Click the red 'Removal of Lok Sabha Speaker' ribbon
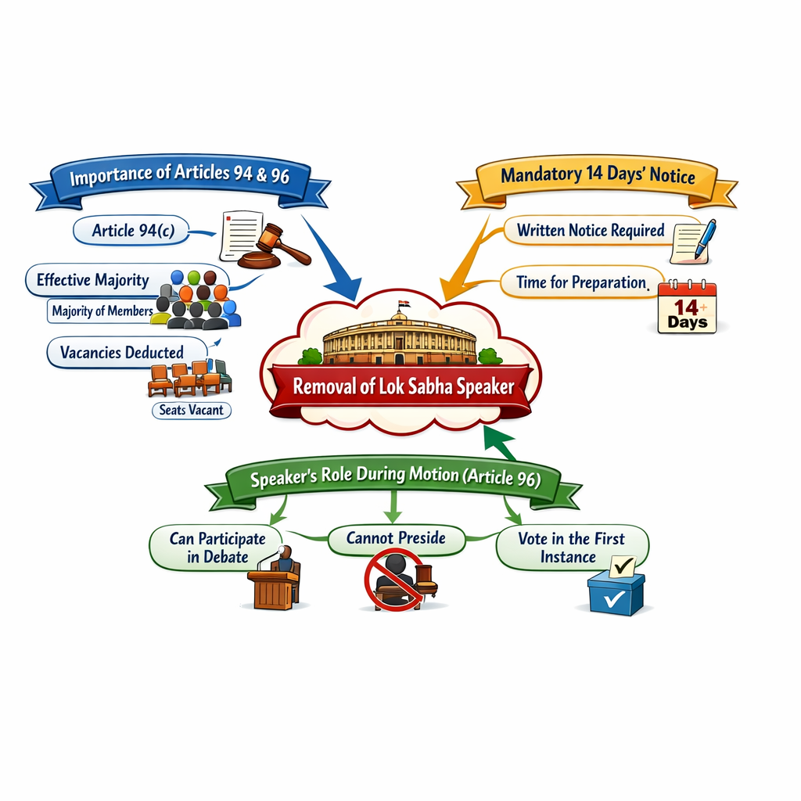tap(403, 386)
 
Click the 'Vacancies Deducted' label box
tap(121, 352)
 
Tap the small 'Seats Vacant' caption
tap(191, 410)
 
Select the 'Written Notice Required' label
tap(591, 231)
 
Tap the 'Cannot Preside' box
tap(396, 538)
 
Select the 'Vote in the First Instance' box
tap(572, 548)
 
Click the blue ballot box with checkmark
tap(616, 592)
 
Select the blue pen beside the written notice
tap(703, 239)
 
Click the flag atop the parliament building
tap(404, 304)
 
